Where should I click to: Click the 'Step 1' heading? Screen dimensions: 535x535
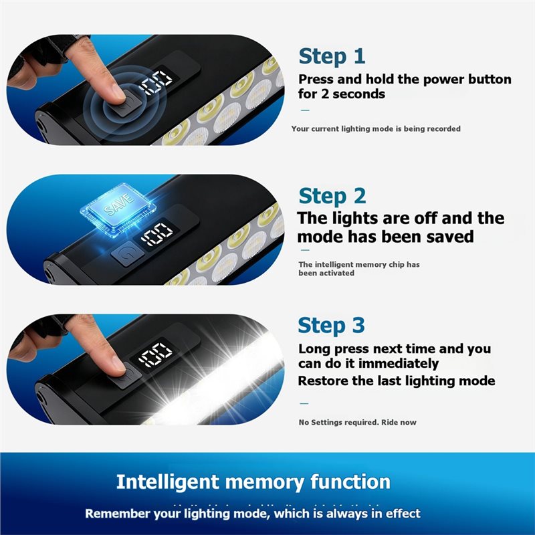[332, 57]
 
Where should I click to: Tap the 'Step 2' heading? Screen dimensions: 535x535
[332, 197]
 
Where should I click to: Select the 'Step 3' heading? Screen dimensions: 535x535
[331, 326]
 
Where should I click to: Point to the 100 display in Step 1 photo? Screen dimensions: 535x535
[156, 82]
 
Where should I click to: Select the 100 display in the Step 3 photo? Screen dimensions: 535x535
[156, 355]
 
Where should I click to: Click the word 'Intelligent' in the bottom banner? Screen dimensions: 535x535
[168, 482]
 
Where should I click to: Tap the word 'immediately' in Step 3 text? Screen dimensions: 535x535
[399, 364]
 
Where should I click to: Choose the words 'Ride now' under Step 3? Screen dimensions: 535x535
[399, 422]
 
